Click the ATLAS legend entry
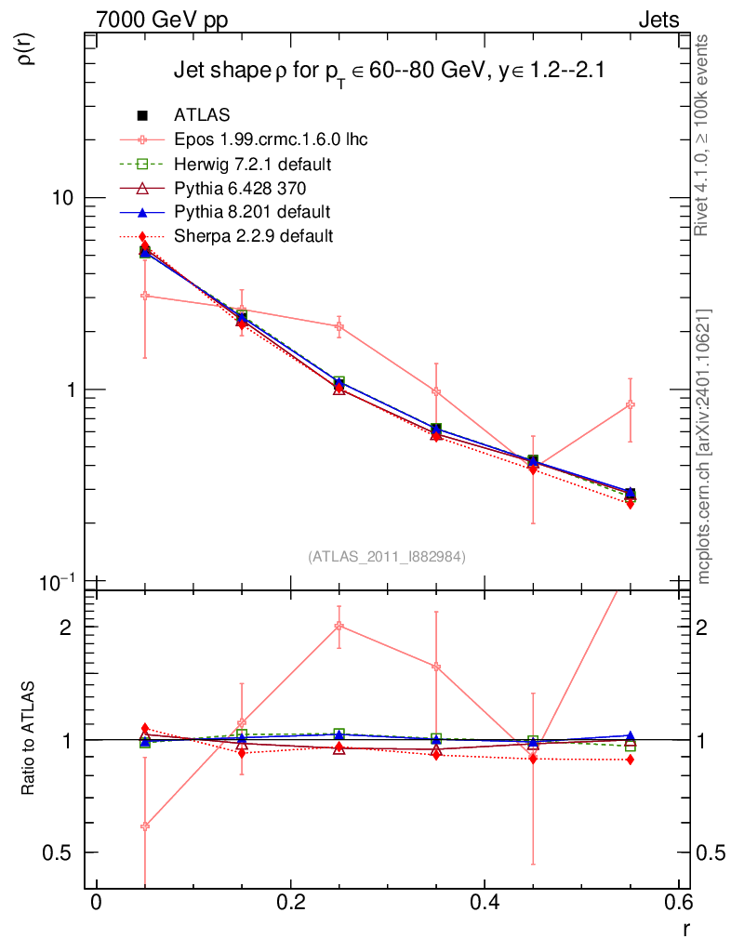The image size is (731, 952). (x=202, y=116)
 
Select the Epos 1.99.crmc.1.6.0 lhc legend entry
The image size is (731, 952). (x=270, y=140)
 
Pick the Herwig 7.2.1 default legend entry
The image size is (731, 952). (x=252, y=165)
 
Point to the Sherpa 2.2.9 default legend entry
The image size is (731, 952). (x=253, y=236)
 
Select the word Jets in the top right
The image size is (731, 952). (x=658, y=20)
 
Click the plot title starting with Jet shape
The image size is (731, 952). (x=391, y=73)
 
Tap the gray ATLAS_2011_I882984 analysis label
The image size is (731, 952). (x=387, y=556)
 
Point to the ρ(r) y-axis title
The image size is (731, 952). (x=27, y=49)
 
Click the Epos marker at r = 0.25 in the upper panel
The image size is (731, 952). (x=339, y=326)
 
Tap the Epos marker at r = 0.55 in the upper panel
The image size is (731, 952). (x=631, y=404)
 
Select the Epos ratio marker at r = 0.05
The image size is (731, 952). (x=144, y=826)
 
